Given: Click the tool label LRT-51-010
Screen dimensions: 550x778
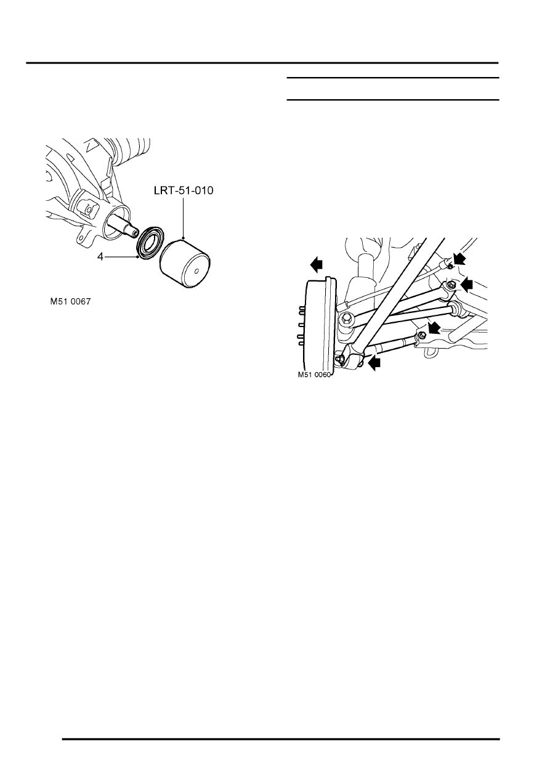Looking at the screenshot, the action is coord(184,190).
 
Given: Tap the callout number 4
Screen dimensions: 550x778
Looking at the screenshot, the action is coord(100,257).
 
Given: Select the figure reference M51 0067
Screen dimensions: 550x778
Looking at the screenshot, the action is coord(70,301).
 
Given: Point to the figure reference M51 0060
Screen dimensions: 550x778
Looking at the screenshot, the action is coord(314,375).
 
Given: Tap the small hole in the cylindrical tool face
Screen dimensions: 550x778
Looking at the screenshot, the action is coord(196,271).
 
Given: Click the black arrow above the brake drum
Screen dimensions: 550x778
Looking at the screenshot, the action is coord(317,265).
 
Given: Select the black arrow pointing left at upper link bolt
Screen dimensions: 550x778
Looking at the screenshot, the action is coord(467,284).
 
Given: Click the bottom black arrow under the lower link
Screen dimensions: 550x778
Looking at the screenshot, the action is coord(374,363).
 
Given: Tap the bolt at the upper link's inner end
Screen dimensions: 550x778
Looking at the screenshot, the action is coord(451,285).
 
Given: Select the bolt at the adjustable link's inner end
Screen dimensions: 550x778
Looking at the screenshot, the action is coord(421,335).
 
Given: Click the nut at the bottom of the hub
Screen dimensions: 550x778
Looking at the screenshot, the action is coord(339,358).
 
